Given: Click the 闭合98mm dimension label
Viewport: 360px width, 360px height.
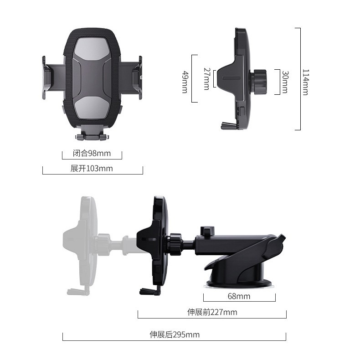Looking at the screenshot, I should (92, 154).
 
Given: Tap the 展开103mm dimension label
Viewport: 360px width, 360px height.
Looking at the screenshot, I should (92, 169).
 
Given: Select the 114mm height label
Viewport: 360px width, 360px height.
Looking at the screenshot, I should (305, 82).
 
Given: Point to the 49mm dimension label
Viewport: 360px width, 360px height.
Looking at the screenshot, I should (185, 81).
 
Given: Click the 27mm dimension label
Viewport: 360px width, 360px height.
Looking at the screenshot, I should (206, 78).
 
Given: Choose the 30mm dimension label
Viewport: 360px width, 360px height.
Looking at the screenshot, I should (285, 82).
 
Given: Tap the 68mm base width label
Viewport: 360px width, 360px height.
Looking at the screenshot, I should (239, 296).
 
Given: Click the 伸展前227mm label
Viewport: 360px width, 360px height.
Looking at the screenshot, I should (212, 312).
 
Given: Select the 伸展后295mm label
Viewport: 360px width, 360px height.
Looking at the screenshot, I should (175, 334).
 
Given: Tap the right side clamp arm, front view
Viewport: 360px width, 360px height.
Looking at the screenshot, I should (133, 77).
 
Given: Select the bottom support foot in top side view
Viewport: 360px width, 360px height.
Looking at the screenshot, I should (228, 126).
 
